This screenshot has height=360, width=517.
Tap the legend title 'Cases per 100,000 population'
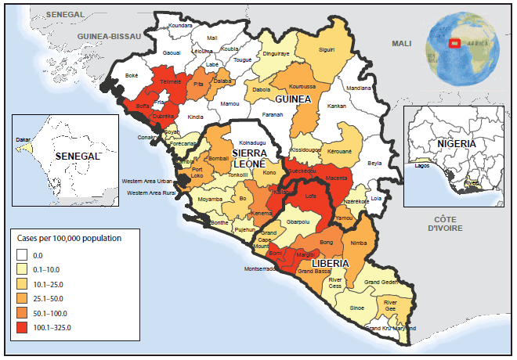click(69, 236)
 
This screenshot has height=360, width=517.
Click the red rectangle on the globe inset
click(454, 43)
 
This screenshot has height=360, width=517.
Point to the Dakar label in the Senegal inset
click(23, 140)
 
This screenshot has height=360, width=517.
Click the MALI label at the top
click(401, 44)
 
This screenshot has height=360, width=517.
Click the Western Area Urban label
click(148, 181)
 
